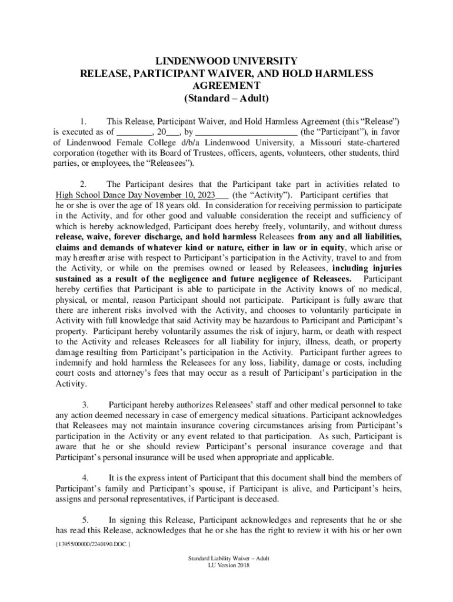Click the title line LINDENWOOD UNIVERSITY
pyautogui.click(x=226, y=61)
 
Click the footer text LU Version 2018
pyautogui.click(x=225, y=565)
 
